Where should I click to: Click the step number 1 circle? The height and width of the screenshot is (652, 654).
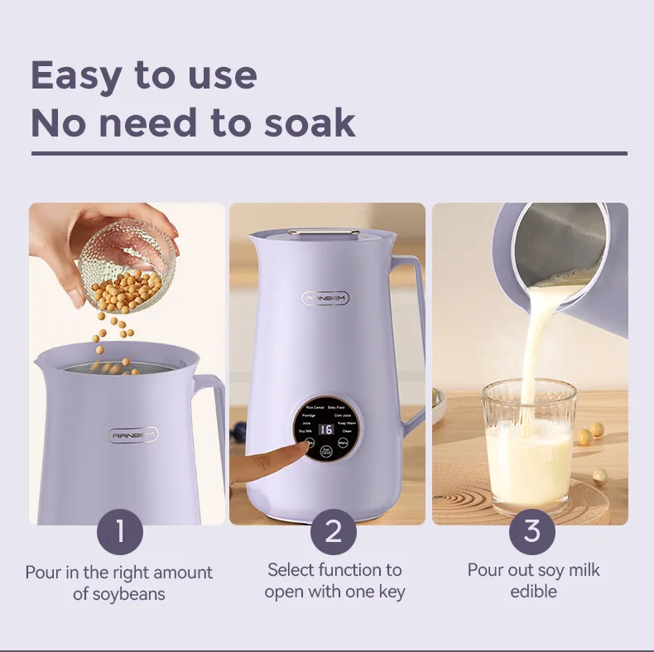[120, 531]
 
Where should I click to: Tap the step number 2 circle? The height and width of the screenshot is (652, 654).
[333, 531]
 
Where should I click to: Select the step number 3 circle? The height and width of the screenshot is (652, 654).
[531, 531]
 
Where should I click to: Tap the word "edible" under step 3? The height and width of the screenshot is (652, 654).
[533, 591]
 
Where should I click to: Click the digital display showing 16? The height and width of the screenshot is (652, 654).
[325, 429]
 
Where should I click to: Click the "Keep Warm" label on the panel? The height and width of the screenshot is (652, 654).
[347, 423]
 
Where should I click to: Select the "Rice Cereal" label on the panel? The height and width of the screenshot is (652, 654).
[315, 407]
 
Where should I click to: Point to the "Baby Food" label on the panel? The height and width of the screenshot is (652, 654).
[336, 407]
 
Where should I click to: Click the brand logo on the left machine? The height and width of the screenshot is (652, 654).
[135, 434]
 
